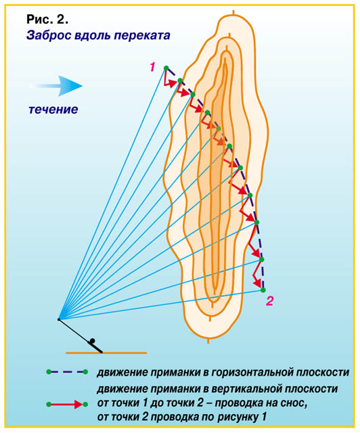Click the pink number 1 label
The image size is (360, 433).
152,67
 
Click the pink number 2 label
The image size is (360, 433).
269,300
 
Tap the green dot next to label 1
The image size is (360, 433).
166,68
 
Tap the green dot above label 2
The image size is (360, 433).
263,290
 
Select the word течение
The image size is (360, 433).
53,110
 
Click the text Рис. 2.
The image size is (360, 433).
47,20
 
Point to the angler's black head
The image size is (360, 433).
92,340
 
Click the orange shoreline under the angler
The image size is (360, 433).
106,352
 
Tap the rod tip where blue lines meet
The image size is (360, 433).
59,319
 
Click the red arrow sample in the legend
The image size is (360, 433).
67,405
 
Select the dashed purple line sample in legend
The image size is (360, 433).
67,372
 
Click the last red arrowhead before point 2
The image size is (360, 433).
258,283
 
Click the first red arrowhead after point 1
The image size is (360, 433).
173,83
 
